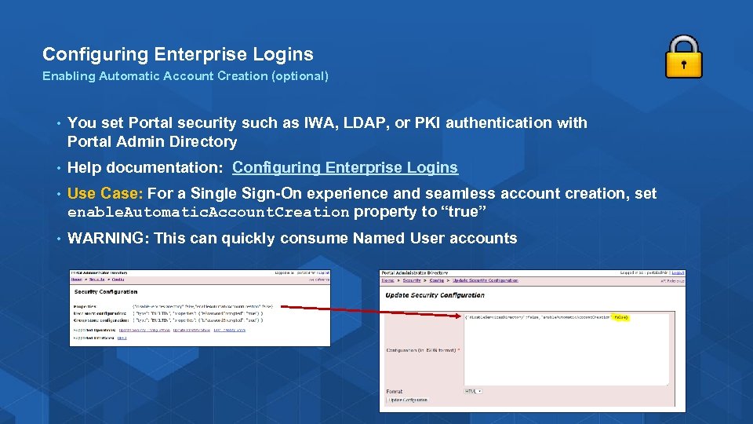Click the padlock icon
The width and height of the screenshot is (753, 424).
683,57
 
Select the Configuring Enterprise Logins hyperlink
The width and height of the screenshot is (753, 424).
345,167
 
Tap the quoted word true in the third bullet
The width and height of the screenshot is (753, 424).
467,212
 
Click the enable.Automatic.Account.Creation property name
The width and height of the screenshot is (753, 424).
208,213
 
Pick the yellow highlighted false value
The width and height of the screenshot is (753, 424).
620,317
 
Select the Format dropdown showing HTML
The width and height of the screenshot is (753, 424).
473,390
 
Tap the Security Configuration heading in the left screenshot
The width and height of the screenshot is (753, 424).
106,291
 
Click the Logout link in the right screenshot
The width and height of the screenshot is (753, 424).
678,273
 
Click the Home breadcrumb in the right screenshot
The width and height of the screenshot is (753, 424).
388,280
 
